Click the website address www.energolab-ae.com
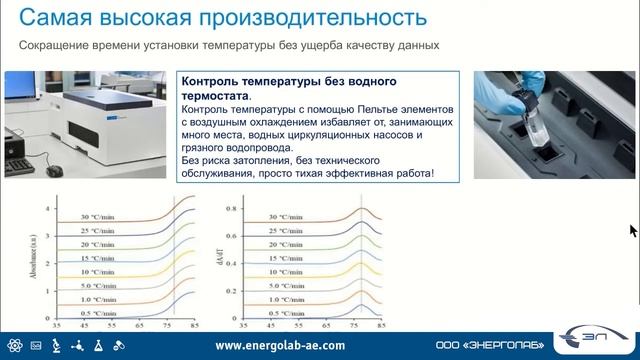pos(280,346)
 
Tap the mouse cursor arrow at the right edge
pos(633,230)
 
